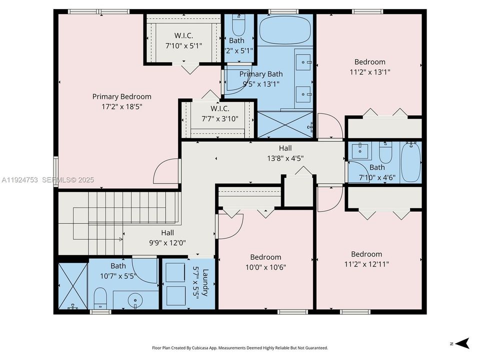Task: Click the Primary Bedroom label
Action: [121, 96]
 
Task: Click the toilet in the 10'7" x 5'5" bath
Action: [100, 298]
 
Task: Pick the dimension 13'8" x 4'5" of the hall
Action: [285, 158]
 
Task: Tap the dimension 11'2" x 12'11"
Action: [366, 263]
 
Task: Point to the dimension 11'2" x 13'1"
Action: [370, 71]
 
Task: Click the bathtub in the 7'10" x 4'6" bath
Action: [411, 162]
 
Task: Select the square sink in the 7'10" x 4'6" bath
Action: [360, 150]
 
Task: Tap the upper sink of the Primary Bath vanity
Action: [302, 62]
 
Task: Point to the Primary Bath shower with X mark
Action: [284, 124]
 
